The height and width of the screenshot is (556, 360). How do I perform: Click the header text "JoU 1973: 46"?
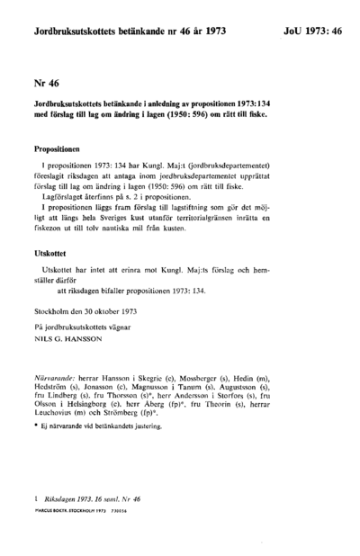(304, 31)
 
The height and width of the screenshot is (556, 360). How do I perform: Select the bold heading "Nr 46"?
(46, 83)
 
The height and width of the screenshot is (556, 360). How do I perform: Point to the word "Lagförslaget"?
(66, 193)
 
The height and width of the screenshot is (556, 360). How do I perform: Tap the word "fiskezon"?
(51, 229)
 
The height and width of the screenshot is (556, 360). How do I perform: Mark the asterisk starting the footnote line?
(34, 433)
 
